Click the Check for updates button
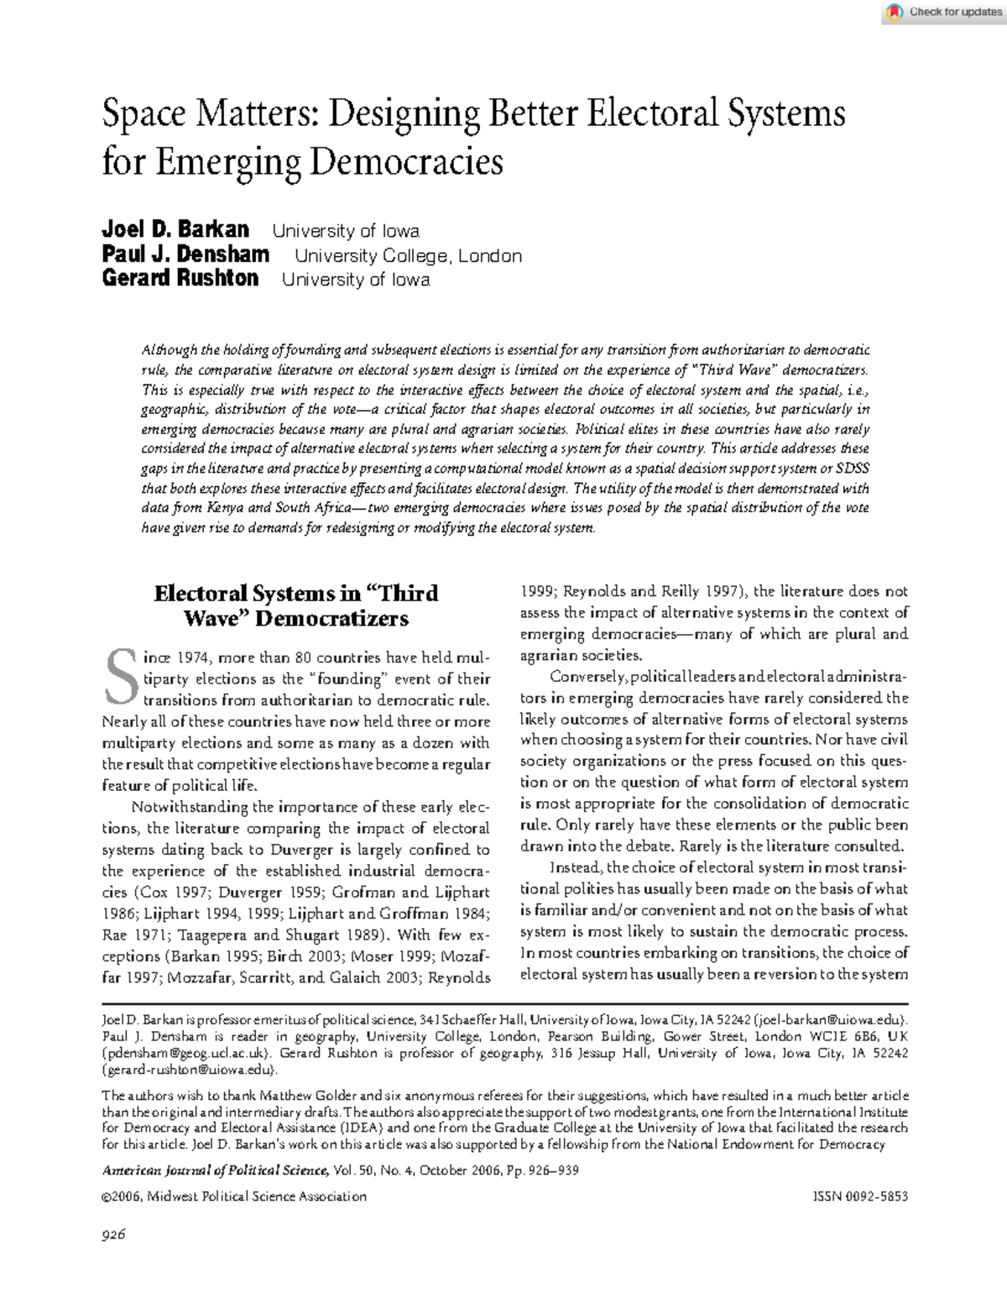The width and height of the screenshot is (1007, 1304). pos(945,12)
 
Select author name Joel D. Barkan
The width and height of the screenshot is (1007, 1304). pos(175,230)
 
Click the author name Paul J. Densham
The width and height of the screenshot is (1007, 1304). pos(185,254)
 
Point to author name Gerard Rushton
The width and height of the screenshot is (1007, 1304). pos(180,279)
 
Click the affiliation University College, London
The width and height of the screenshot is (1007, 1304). pos(408,256)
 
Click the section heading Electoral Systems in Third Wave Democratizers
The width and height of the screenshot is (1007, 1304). pos(295,605)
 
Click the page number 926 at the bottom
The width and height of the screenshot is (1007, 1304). pos(113,1234)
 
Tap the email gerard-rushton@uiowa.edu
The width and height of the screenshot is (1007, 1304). pos(188,1070)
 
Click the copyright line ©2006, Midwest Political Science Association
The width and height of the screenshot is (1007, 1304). pos(234,1197)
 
